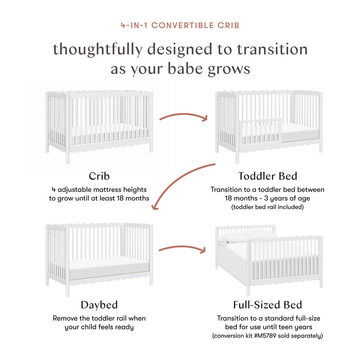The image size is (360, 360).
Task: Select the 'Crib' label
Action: (99, 175)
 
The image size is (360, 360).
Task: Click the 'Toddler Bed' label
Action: (267, 175)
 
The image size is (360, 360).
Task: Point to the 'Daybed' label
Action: (99, 304)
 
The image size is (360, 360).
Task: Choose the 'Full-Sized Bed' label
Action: (267, 304)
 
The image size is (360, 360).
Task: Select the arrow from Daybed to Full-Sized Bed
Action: (183, 248)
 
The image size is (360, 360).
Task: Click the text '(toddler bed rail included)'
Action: (267, 206)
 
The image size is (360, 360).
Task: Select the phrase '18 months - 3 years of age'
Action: (267, 198)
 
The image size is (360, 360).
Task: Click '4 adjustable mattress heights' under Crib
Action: (99, 189)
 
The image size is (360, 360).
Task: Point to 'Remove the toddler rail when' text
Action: (99, 318)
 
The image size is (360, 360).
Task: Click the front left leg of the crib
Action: (67, 152)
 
